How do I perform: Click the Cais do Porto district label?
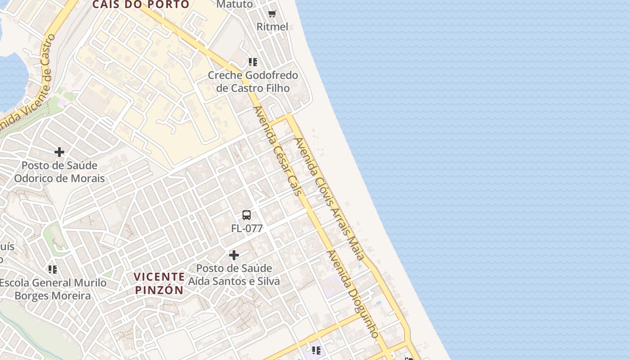pos(141,4)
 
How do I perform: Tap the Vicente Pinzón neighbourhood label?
pos(159,283)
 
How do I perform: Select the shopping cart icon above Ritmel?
pos(272,13)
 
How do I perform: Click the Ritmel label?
pos(272,27)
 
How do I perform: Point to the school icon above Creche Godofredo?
pos(252,62)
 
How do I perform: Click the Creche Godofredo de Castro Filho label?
pos(252,81)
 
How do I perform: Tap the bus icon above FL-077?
pos(247,215)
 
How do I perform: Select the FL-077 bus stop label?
pos(247,228)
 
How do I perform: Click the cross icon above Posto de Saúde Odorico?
pos(59,152)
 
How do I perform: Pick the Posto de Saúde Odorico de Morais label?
pos(59,172)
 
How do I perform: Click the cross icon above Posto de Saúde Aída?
pos(234,255)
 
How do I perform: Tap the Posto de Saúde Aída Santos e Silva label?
pos(234,275)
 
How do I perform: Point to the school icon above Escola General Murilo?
pos(53,270)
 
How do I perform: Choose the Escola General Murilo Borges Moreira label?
pos(53,289)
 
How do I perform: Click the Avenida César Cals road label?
pos(277,151)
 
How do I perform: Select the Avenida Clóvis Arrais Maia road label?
pos(328,198)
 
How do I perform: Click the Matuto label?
pos(234,4)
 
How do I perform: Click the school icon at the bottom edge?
pos(316,350)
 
